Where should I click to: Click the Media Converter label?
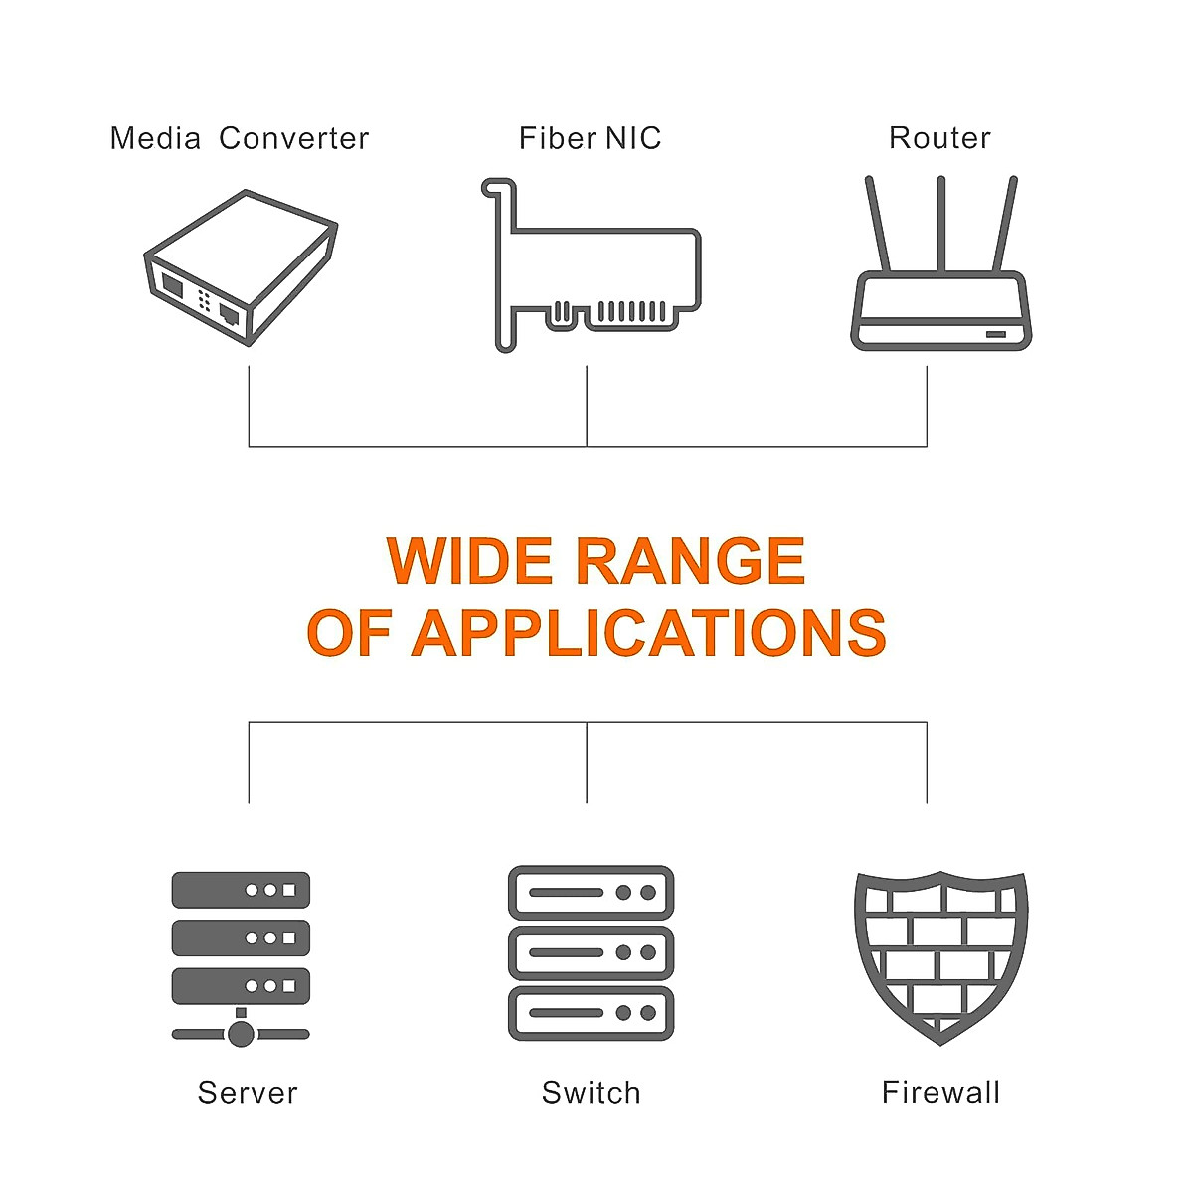pos(239,138)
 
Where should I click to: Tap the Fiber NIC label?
pos(590,137)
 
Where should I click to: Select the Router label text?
pos(939,137)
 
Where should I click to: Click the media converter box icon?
pos(241,267)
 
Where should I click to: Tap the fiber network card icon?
pos(591,265)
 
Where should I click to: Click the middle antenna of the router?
pos(941,224)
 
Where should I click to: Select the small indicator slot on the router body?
pos(996,334)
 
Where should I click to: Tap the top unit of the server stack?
pos(241,890)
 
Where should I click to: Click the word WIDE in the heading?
pos(469,561)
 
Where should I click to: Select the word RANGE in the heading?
pos(692,561)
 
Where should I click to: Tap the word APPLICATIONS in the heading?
pos(649,632)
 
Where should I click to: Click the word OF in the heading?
pos(350,632)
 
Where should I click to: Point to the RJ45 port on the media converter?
pos(229,314)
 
